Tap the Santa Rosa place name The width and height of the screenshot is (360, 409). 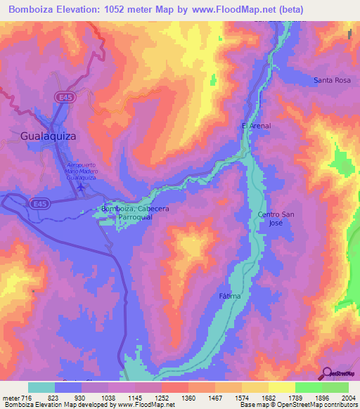click(x=332, y=81)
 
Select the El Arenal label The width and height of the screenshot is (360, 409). click(x=256, y=126)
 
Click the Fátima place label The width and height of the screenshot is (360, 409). click(x=229, y=296)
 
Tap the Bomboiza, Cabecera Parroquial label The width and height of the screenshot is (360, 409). click(x=135, y=213)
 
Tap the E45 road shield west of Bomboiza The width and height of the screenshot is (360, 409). click(x=40, y=203)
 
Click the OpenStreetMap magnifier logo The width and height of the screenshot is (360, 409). click(x=327, y=373)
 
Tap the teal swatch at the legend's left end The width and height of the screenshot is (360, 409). click(x=41, y=387)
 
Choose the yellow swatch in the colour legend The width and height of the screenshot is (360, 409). click(x=280, y=387)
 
